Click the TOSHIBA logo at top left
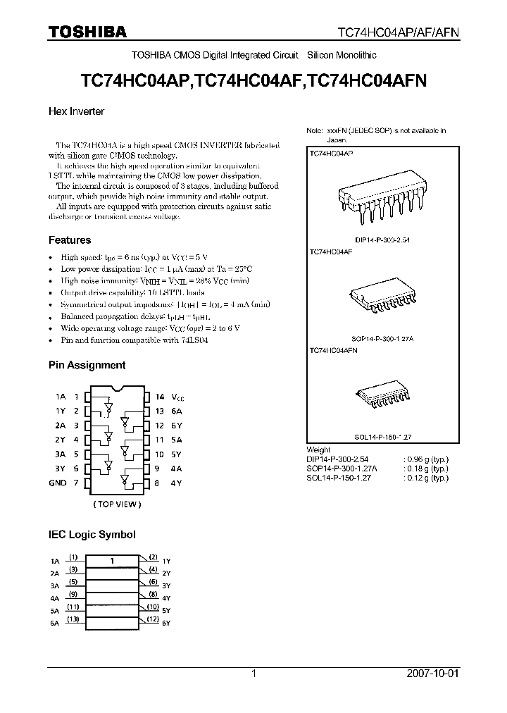tap(88, 32)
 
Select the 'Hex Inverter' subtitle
tap(76, 111)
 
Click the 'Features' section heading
tap(70, 240)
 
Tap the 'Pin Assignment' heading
tap(87, 365)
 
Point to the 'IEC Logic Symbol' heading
tap(92, 535)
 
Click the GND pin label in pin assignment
tap(58, 483)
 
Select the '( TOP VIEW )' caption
tap(116, 504)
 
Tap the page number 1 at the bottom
tap(254, 674)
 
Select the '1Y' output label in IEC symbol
tap(166, 561)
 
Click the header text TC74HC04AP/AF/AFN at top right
tap(408, 33)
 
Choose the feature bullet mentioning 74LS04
tap(134, 340)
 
